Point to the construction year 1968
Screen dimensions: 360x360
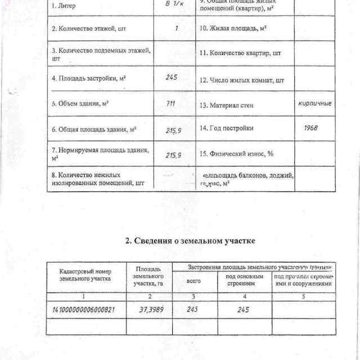pos(310,128)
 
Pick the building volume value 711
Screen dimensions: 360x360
pos(171,104)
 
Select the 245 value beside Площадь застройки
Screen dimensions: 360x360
pos(172,78)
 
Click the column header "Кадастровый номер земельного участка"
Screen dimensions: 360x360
pos(85,274)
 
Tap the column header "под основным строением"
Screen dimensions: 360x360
pos(244,280)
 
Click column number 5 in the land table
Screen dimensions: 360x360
pos(303,296)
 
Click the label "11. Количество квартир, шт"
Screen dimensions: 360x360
pos(240,53)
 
